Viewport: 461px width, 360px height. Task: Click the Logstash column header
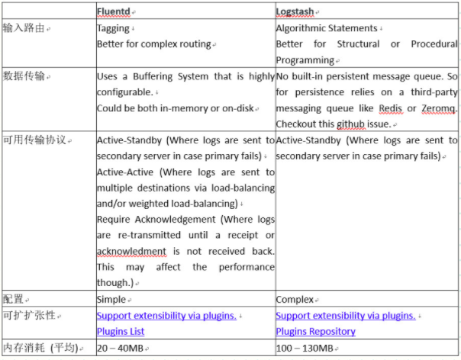[296, 11]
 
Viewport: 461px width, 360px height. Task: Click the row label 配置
[13, 299]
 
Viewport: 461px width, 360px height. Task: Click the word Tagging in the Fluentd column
[113, 28]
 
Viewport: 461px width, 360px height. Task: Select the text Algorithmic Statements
[326, 28]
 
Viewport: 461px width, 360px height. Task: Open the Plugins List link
[121, 332]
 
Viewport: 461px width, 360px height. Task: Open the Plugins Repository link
[315, 332]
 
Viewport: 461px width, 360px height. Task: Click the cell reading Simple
[111, 300]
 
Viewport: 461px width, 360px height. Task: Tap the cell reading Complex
[294, 300]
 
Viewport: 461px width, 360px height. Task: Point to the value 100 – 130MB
[304, 349]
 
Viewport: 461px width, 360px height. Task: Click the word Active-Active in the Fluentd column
[124, 172]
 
